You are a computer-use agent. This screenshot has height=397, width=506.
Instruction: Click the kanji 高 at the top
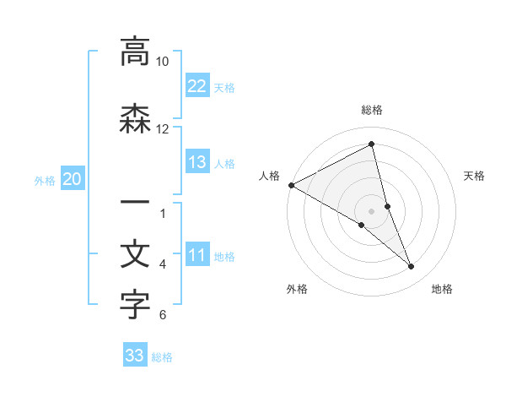point(135,52)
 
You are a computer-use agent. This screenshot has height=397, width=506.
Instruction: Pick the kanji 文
point(135,254)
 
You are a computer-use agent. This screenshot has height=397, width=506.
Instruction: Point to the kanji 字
point(135,305)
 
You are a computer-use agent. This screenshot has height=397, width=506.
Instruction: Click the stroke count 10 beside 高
point(163,62)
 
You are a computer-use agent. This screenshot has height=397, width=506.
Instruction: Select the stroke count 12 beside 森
point(163,128)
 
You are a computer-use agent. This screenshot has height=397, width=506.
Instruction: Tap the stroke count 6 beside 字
point(163,316)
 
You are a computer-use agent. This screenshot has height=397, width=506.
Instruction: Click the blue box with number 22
point(197,85)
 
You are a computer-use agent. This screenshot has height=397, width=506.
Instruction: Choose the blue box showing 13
point(197,162)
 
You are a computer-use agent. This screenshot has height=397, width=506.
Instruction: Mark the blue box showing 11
point(197,255)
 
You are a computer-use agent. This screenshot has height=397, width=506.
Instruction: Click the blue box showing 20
point(73,178)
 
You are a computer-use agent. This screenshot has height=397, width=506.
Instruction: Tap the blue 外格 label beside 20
point(45,180)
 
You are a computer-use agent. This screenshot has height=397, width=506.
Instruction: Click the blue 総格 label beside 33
point(162,357)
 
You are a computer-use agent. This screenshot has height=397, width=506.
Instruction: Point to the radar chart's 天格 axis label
point(474,176)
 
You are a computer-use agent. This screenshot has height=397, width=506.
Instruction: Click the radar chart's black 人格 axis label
point(269,176)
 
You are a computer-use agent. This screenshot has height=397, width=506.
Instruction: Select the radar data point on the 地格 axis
point(412,267)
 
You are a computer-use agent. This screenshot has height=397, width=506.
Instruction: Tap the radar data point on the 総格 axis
point(372,145)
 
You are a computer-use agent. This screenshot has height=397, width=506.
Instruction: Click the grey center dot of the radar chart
point(372,210)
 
